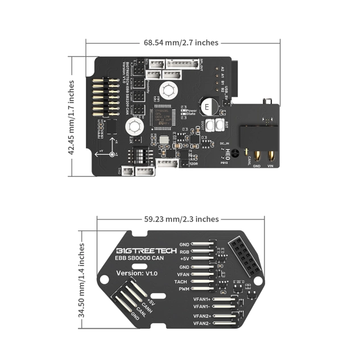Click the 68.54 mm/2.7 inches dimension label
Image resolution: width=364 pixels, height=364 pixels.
tap(181, 43)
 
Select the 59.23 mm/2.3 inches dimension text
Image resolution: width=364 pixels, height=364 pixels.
tap(181, 219)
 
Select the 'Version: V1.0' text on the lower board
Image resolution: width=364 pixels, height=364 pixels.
tap(136, 273)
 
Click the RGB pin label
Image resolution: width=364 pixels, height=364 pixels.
tap(184, 251)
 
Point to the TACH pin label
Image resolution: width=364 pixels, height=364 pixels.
tap(183, 282)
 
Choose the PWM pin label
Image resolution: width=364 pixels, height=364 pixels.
tap(183, 289)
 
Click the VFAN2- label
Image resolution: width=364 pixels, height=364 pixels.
tap(202, 323)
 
